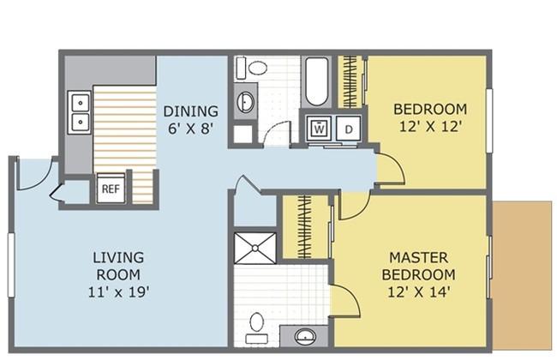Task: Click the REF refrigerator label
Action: pos(111,189)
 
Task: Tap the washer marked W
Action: pos(320,128)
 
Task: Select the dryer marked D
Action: pos(349,129)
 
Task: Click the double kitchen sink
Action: pos(80,112)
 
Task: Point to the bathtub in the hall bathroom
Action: pos(316,81)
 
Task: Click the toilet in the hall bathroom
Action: pos(252,68)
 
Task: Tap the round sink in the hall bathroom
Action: pos(245,102)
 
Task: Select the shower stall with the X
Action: pos(255,248)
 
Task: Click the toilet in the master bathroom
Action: pos(256,327)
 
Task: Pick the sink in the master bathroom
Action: pos(305,336)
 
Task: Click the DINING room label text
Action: pos(191,111)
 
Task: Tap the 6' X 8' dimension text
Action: pos(191,129)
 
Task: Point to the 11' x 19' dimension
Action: pos(118,292)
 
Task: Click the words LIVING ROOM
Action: pos(118,266)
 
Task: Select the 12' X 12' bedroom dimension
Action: pos(430,127)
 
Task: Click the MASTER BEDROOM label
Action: pos(419,266)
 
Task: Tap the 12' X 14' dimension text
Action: pos(419,292)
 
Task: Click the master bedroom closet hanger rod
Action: pos(304,226)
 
